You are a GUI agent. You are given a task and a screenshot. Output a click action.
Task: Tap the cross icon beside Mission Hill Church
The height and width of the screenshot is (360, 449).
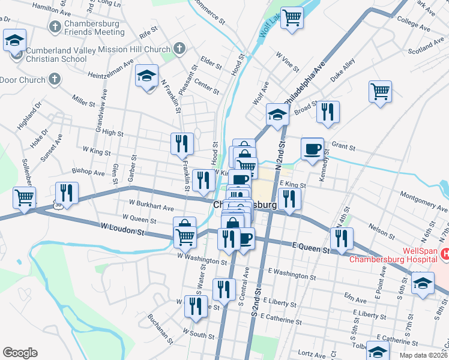tap(179, 47)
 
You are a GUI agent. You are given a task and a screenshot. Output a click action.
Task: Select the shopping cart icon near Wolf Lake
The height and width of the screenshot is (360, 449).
tap(292, 17)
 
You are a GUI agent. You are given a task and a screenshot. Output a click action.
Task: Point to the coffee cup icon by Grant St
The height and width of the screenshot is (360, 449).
tap(312, 149)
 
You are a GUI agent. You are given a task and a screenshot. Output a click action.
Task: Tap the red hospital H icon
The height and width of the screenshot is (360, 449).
tap(445, 254)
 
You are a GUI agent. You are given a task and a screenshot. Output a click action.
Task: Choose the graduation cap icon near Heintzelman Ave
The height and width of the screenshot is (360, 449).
tap(146, 76)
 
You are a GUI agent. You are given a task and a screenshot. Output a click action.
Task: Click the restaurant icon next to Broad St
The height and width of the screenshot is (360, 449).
tap(328, 112)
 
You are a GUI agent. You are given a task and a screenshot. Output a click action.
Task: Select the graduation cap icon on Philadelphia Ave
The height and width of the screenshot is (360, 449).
tap(277, 114)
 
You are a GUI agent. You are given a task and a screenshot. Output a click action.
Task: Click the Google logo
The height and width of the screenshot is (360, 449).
tap(20, 353)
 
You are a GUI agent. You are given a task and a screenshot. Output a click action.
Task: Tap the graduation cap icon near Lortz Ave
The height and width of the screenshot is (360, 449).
tap(378, 352)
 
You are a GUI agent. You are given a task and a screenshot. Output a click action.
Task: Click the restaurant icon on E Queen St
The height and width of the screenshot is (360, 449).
tap(342, 239)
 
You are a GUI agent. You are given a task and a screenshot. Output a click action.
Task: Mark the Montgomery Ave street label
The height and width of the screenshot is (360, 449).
tap(420, 199)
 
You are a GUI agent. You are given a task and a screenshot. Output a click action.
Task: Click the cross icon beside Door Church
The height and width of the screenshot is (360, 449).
tap(53, 80)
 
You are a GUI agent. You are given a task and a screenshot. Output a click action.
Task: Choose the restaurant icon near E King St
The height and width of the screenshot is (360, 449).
tap(289, 200)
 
